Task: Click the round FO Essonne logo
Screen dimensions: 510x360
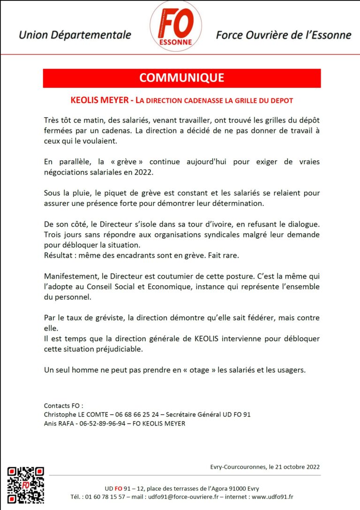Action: (176, 26)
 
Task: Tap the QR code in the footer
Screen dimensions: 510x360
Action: (26, 485)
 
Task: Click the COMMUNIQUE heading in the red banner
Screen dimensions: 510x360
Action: (181, 78)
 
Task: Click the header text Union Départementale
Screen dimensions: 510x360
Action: (75, 35)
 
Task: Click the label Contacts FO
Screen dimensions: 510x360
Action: (63, 405)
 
